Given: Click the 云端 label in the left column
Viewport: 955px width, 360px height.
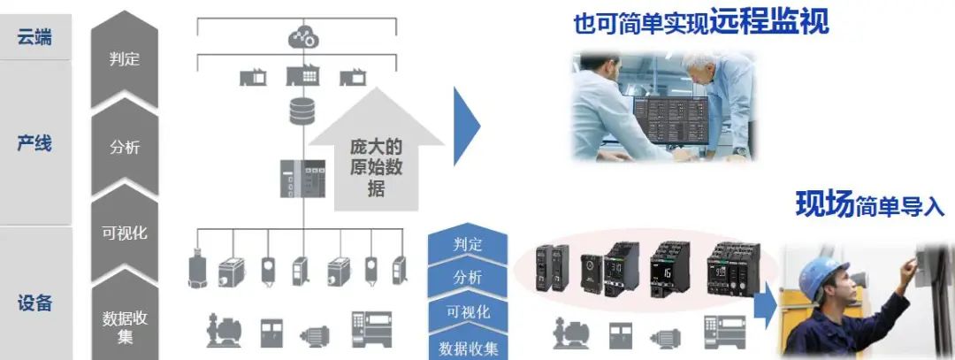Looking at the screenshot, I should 34,37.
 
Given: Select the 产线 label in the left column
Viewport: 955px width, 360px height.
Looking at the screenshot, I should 34,143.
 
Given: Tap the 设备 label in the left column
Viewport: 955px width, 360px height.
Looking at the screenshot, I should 34,303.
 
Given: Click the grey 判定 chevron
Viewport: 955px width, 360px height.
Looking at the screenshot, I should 125,60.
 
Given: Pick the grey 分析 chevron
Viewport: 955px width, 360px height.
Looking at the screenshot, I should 125,147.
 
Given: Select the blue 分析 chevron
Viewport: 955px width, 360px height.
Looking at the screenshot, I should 467,278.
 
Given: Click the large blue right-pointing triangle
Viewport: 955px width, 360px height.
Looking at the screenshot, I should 465,126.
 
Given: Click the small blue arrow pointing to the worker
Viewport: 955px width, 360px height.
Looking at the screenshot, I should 766,303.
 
